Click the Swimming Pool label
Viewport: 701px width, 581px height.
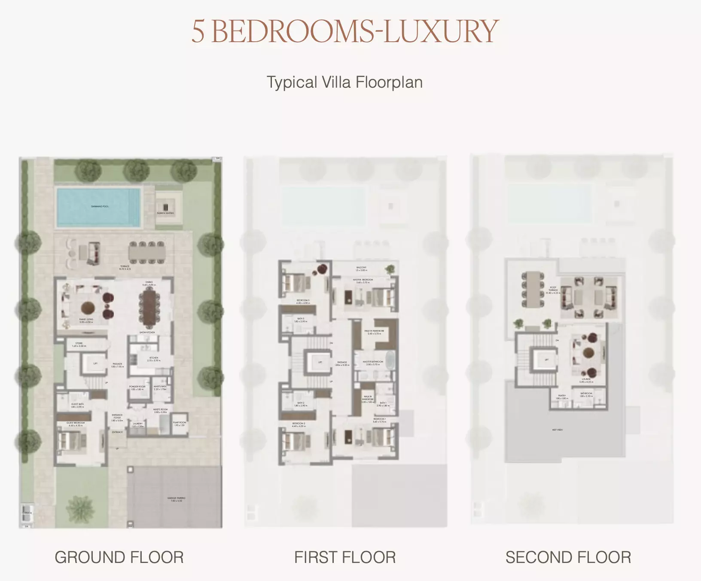(x=100, y=206)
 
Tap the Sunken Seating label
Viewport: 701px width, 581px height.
(x=165, y=213)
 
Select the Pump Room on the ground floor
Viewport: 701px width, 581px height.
(x=180, y=424)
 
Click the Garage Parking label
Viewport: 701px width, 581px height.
(x=177, y=499)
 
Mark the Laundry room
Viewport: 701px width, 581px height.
(x=137, y=425)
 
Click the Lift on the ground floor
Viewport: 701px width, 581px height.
(x=95, y=364)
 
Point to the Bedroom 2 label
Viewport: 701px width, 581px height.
(x=299, y=425)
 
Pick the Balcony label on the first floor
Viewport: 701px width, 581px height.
(x=361, y=269)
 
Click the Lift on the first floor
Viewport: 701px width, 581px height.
(x=320, y=362)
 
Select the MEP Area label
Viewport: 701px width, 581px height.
(x=557, y=430)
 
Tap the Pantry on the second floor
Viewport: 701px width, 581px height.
(x=562, y=397)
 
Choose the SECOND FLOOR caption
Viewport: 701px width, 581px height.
(x=568, y=557)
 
